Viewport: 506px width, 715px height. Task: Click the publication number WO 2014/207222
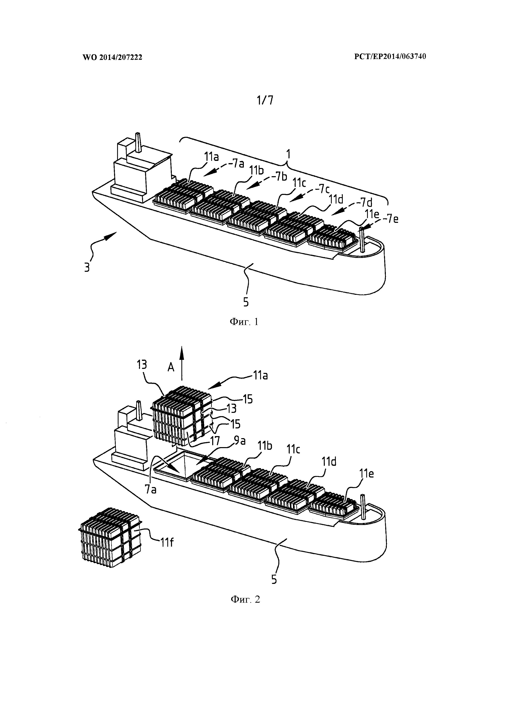pos(112,57)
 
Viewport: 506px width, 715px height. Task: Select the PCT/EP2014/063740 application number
pos(390,56)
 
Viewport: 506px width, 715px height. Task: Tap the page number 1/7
pos(265,100)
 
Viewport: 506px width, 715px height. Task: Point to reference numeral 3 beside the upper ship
pos(87,267)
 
